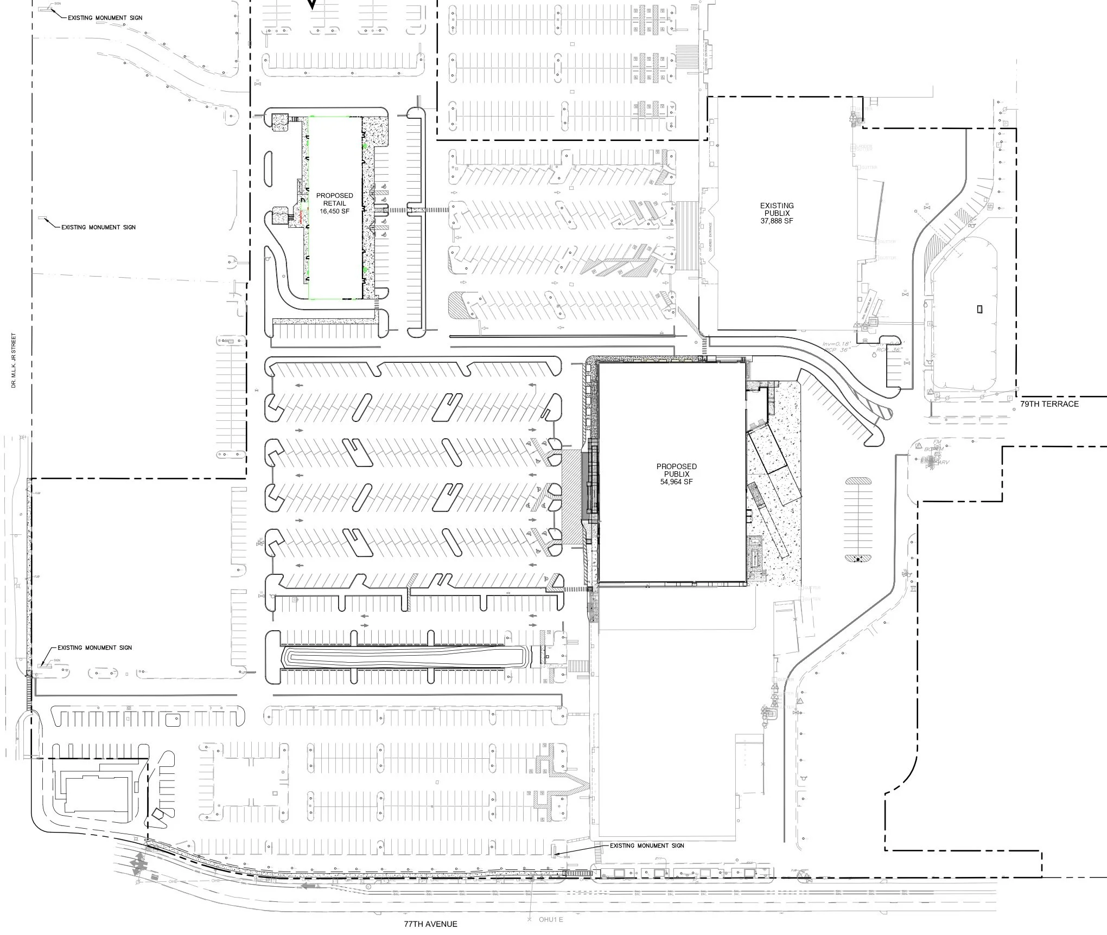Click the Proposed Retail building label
[334, 200]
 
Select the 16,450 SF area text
[334, 212]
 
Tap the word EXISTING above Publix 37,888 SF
[777, 206]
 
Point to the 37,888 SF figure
[777, 221]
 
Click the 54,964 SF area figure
[676, 482]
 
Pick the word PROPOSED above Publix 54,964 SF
[676, 466]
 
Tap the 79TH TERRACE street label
[1049, 404]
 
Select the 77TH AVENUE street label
[430, 924]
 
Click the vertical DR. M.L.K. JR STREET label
[14, 361]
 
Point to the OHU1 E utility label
[550, 919]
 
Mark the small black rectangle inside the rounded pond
[979, 309]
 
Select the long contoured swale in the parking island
[404, 658]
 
